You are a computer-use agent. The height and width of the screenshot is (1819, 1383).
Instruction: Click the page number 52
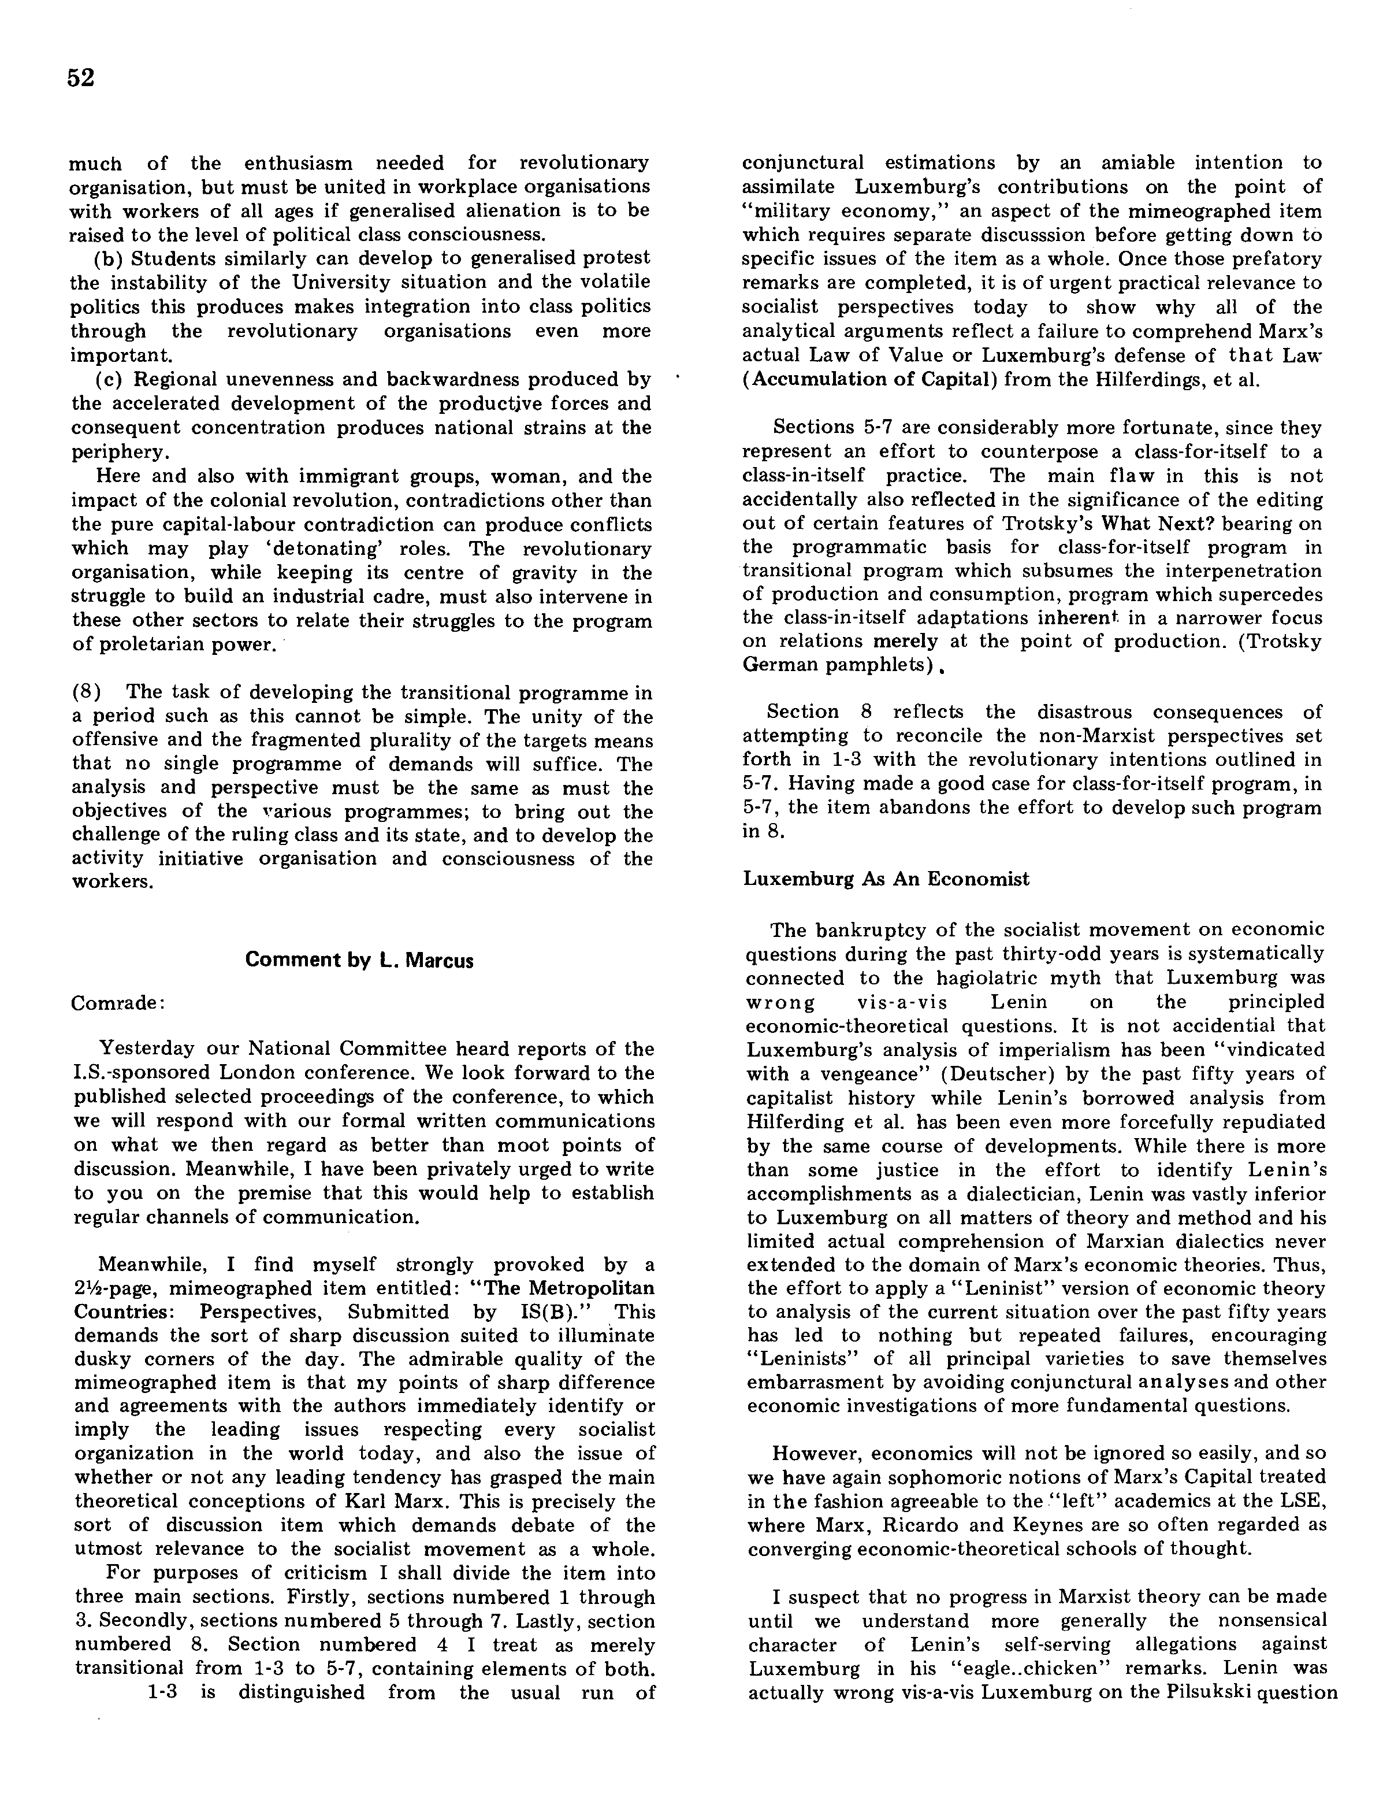tap(81, 77)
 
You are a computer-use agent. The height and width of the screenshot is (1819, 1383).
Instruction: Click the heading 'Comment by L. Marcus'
tap(359, 959)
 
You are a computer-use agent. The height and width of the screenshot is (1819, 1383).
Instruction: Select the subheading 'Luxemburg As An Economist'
tap(886, 879)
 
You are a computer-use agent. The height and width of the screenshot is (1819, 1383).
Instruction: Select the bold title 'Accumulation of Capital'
tap(871, 380)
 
